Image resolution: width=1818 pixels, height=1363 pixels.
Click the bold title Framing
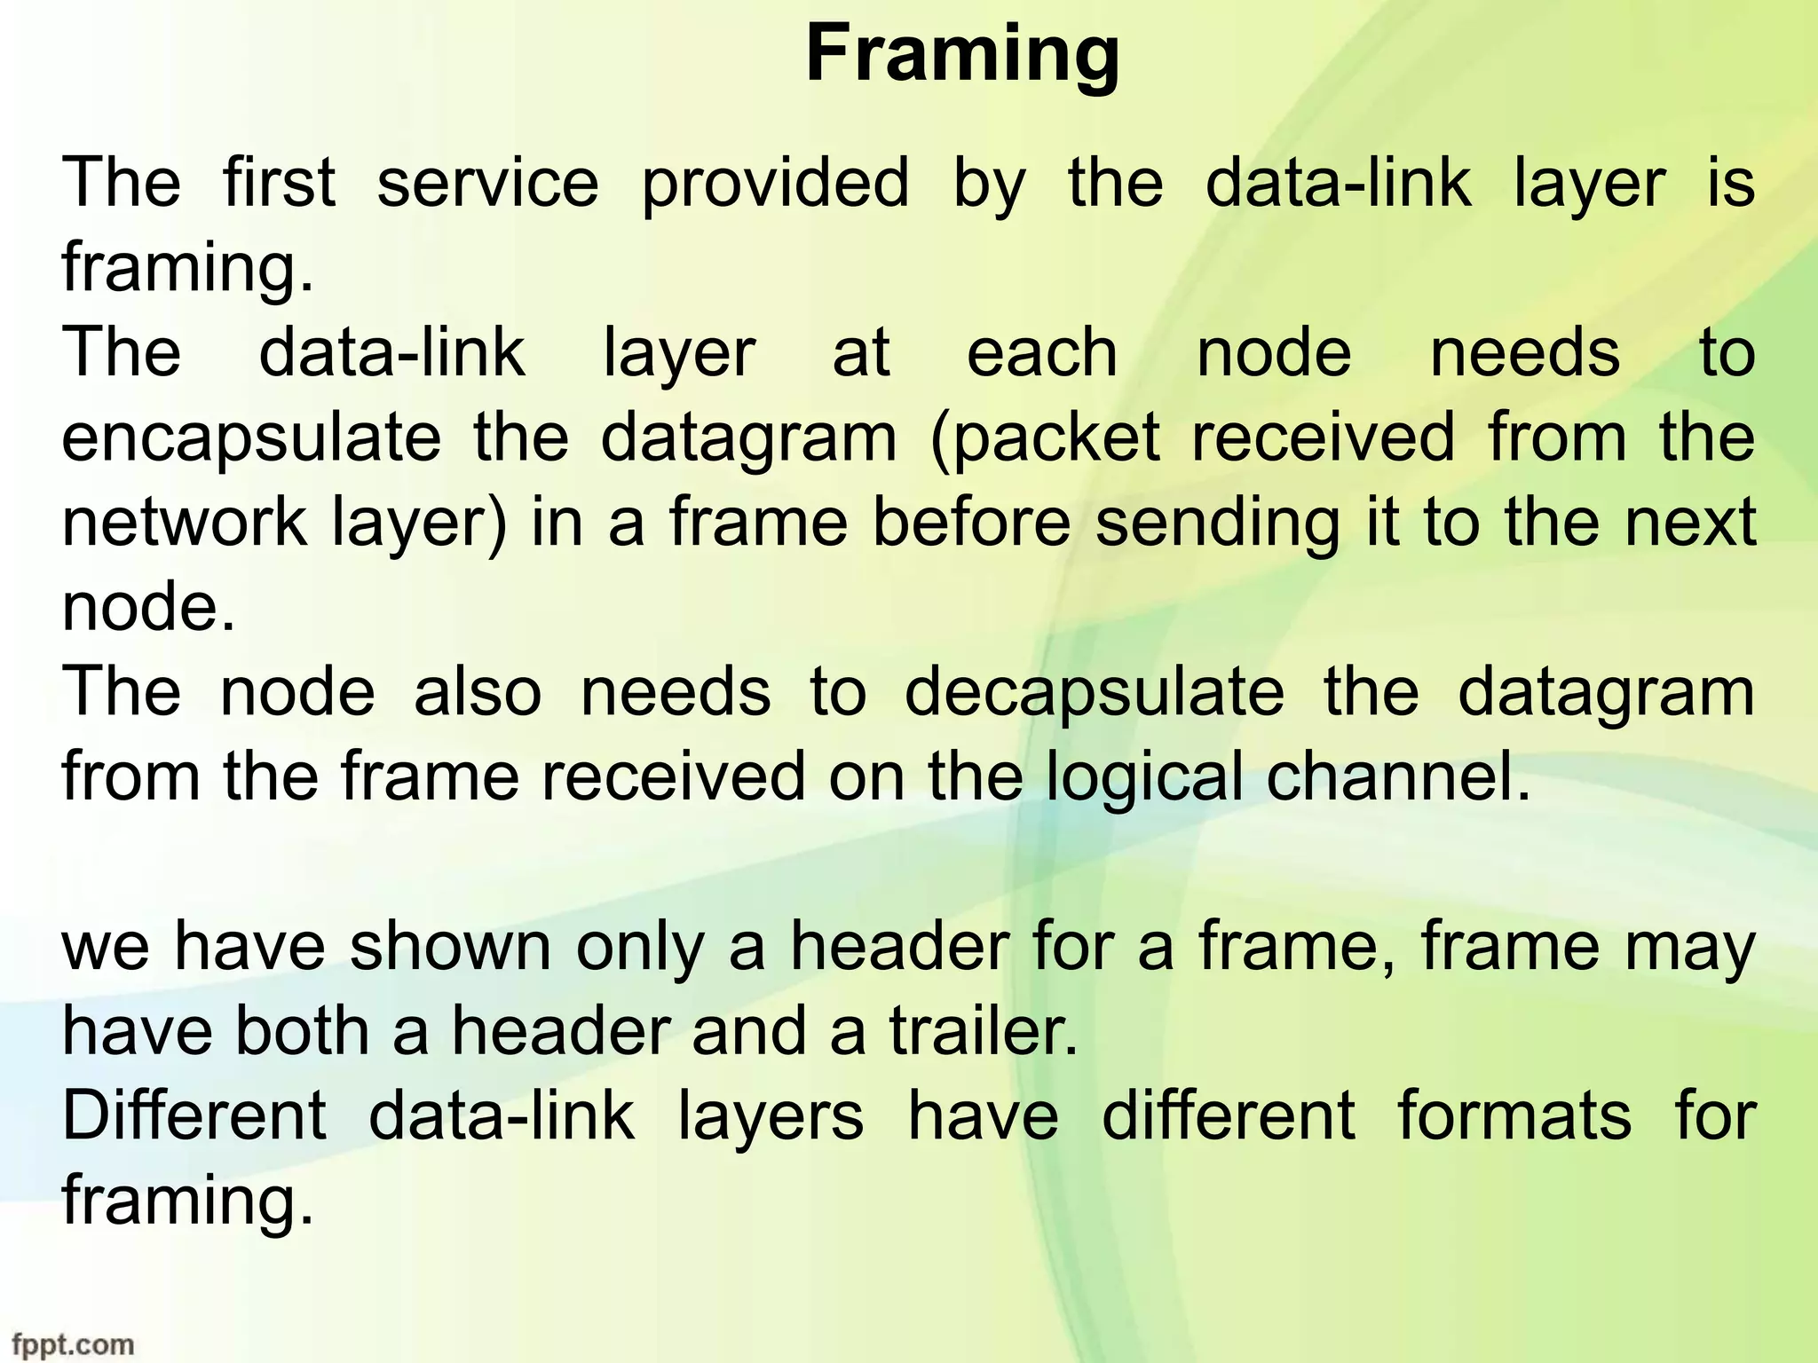(x=962, y=55)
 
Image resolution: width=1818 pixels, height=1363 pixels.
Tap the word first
(x=279, y=183)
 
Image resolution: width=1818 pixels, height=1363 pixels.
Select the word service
(x=487, y=183)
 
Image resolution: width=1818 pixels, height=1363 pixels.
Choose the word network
(x=185, y=522)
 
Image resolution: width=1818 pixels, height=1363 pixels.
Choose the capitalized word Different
(x=194, y=1115)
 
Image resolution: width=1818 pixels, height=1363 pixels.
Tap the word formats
(x=1514, y=1115)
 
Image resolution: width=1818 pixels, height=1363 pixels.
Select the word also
(x=478, y=692)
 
